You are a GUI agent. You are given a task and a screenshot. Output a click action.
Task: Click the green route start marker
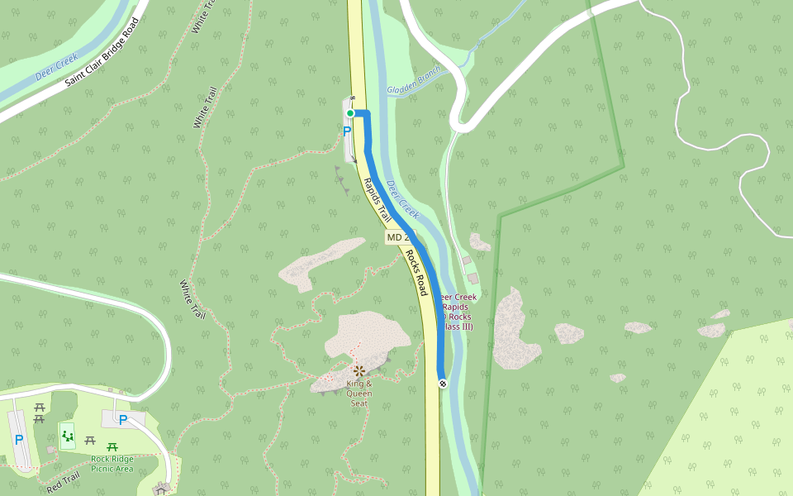tap(350, 113)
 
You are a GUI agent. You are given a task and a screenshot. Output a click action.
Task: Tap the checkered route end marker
tap(443, 383)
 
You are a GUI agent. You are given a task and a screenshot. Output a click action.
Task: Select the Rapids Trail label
tap(377, 201)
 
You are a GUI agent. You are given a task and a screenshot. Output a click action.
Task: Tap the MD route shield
tap(397, 238)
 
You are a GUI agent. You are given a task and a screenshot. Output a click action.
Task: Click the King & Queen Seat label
tap(359, 393)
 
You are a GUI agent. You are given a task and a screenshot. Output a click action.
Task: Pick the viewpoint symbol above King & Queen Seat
tap(359, 371)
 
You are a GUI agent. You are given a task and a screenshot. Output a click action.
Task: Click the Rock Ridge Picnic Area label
tap(112, 463)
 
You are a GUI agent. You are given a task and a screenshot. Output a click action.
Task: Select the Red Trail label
tap(63, 483)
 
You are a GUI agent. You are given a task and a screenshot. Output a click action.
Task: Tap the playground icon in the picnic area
tap(67, 434)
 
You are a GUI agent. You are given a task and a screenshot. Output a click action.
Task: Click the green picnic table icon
tap(112, 447)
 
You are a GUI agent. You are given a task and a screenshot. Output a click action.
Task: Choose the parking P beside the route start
tap(347, 131)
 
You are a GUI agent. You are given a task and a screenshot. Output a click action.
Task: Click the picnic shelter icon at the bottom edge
tap(162, 489)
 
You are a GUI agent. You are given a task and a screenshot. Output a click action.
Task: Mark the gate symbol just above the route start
tap(352, 99)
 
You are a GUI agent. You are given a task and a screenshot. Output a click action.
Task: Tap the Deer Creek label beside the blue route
tap(402, 199)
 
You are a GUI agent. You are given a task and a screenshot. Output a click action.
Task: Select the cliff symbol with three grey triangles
tap(340, 179)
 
